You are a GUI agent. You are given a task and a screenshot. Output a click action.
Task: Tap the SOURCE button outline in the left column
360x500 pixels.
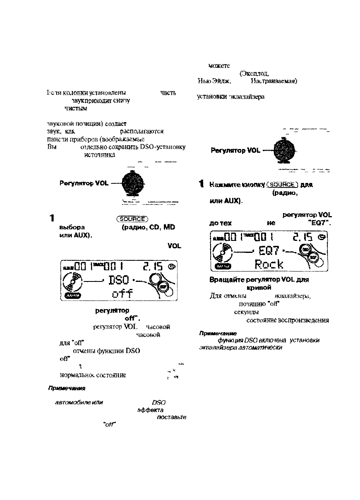click(132, 219)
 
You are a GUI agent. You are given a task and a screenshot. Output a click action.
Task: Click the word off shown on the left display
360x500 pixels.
click(122, 294)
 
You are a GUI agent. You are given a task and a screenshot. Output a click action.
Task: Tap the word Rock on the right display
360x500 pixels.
click(269, 264)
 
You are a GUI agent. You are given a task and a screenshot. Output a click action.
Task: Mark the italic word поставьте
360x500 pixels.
click(172, 417)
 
